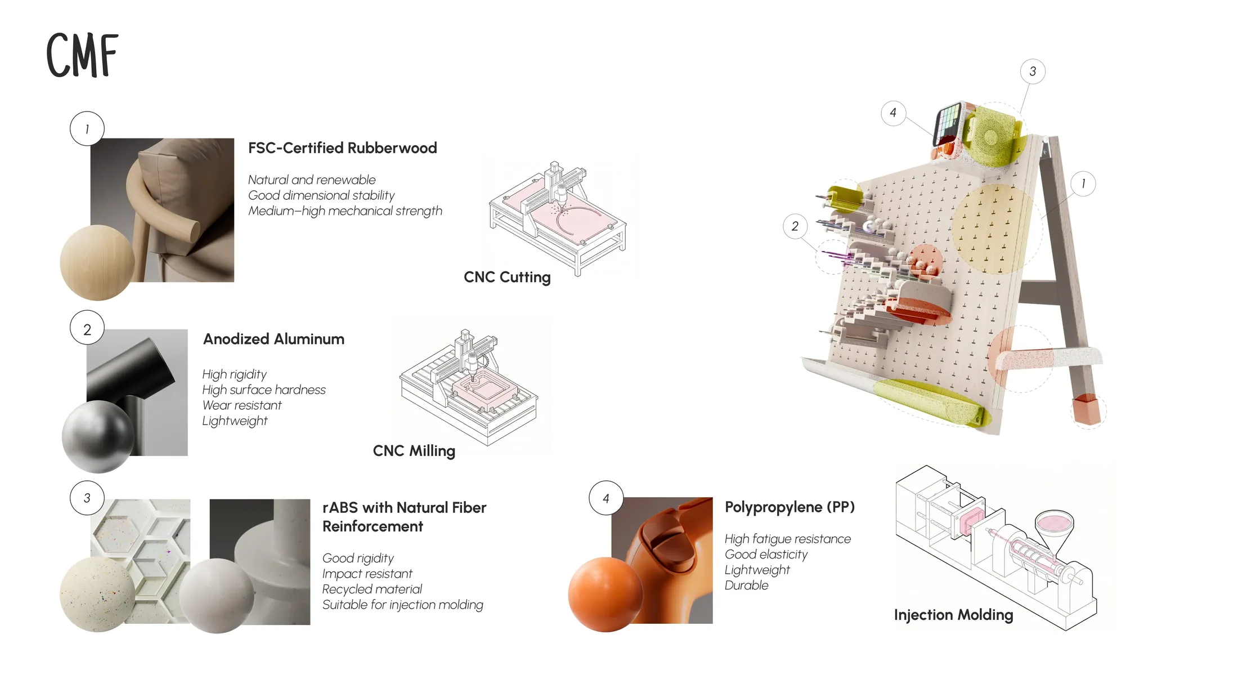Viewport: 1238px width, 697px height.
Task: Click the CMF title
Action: coord(82,55)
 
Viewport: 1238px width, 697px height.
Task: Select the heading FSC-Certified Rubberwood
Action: coord(342,148)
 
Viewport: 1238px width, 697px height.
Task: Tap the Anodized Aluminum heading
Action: coord(273,339)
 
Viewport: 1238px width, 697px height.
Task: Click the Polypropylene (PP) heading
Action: coord(790,507)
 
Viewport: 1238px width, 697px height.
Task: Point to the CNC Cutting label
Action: coord(507,277)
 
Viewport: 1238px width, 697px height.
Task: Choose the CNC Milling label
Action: coord(414,451)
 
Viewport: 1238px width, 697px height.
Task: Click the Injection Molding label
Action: coord(953,615)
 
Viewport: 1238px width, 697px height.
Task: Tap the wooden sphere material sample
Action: coord(97,262)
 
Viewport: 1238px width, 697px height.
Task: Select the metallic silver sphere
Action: coord(98,436)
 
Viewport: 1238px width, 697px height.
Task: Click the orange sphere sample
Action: coord(605,595)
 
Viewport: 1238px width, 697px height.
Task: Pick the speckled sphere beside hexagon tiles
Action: coord(97,595)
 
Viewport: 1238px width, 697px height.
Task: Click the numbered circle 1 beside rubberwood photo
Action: coord(87,129)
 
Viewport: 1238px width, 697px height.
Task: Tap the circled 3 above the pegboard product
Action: coord(1033,72)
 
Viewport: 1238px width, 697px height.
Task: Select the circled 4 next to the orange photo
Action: coord(606,498)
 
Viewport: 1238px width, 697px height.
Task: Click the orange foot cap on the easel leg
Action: coord(1087,409)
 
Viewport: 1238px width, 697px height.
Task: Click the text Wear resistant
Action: coord(242,405)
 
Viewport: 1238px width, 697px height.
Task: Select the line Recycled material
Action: coord(372,589)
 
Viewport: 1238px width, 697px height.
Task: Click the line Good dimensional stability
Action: coord(321,195)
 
